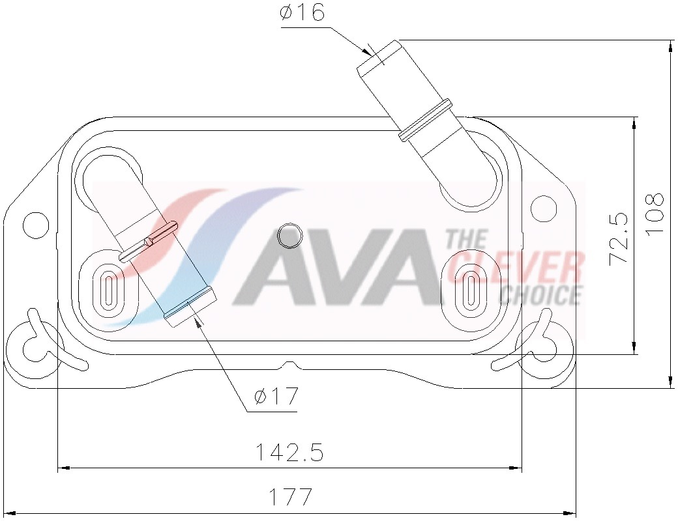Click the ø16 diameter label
point(302,13)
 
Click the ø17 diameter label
point(276,395)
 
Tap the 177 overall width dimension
point(291,498)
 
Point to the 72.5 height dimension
point(619,238)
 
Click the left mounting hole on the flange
point(36,225)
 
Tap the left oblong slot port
point(108,287)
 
